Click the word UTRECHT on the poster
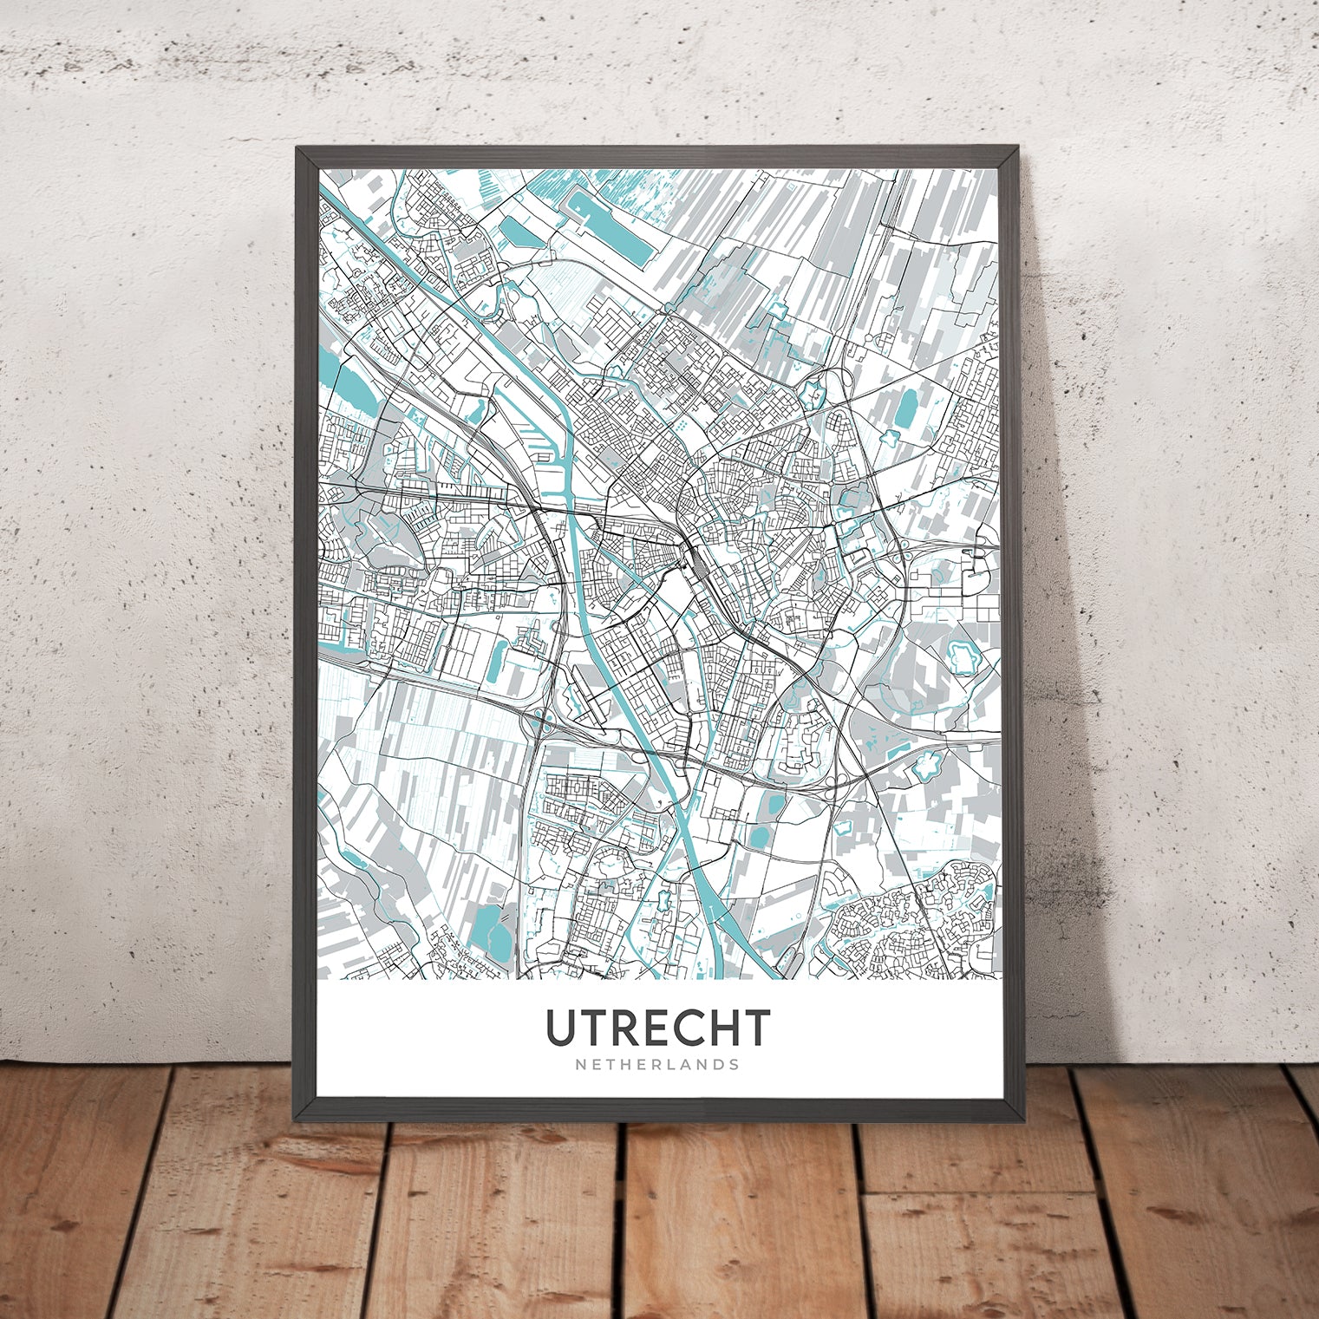(657, 1028)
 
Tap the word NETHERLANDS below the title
(657, 1064)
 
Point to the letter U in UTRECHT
(560, 1028)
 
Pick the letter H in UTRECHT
(719, 1028)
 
